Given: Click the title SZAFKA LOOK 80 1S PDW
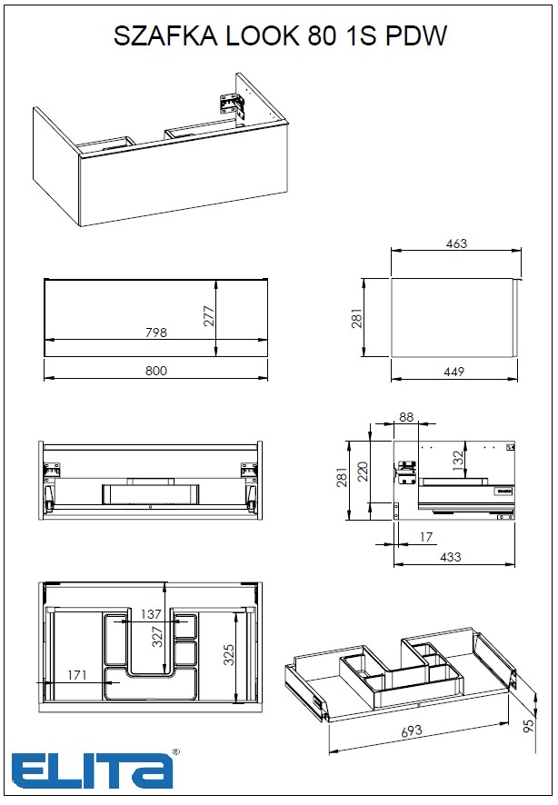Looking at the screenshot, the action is click(280, 36).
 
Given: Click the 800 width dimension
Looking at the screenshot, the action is click(156, 371).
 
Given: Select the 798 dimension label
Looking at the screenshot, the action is click(156, 333).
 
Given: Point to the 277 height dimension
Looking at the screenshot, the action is click(208, 316).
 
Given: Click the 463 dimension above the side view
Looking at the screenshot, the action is click(456, 243).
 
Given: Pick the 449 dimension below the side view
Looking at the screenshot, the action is click(454, 372).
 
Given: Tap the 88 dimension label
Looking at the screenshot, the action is click(406, 417).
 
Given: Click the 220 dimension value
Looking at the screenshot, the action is click(363, 472).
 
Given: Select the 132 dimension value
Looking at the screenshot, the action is click(459, 457).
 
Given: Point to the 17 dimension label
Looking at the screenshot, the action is click(426, 537).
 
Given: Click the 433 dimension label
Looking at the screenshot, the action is click(450, 557).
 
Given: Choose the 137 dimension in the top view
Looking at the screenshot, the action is click(151, 613).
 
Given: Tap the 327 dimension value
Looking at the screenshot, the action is click(157, 637).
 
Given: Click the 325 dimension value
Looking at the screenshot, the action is click(229, 654).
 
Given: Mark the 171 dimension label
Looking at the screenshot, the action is click(77, 674).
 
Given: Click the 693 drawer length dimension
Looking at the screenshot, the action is click(412, 731).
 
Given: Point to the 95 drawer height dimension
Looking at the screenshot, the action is click(528, 725).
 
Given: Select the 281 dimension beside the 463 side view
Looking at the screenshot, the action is click(357, 318).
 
